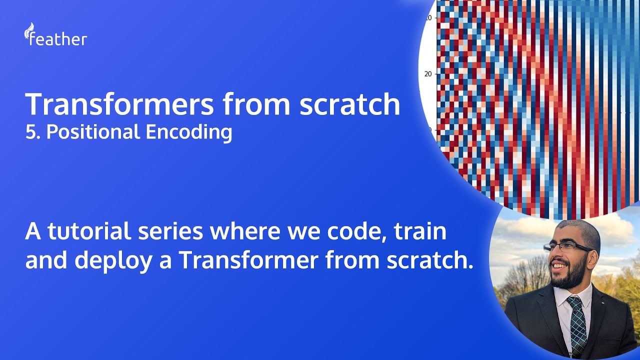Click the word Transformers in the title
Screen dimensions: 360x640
119,104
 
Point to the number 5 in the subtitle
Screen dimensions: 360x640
29,132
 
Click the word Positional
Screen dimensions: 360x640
93,132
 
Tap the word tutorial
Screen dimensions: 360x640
100,232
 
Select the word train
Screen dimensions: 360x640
420,232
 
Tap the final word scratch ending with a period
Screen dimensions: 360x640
424,261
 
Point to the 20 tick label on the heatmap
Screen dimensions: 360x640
428,74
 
